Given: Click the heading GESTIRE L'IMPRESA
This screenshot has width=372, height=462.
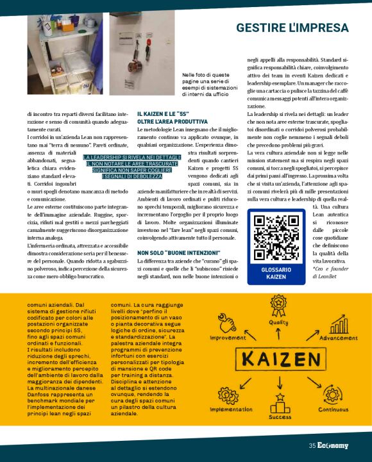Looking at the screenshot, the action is pos(292,28).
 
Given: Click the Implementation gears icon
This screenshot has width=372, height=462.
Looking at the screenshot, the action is pos(229,394).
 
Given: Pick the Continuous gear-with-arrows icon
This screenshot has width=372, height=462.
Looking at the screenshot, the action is pos(333,393).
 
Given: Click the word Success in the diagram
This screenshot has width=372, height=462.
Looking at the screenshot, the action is pos(280,417).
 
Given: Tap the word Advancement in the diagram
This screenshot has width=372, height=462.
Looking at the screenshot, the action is pos(338,338).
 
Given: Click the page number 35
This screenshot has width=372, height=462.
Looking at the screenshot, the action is pos(312,446).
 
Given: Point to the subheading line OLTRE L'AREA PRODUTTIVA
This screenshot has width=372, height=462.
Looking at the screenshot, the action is pos(173,121).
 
